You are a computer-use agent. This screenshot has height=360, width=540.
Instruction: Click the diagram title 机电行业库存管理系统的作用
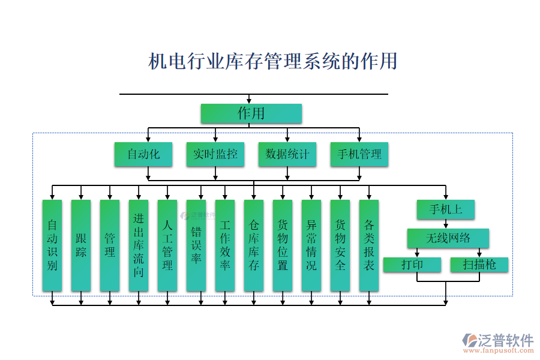coord(272,61)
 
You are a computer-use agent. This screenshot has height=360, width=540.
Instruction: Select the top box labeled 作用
coord(251,113)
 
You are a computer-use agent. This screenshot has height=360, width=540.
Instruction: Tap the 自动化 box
coord(143,154)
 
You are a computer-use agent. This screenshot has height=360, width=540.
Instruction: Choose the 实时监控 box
coord(215,154)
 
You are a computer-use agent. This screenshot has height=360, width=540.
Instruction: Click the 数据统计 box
coord(287,154)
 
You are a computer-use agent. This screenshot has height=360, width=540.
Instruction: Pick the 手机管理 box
coord(359,154)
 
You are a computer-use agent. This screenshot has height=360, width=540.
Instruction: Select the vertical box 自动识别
coord(52,245)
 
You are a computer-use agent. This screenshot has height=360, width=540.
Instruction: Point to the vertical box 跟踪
coord(81,245)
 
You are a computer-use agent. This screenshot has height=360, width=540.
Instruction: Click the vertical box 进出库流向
coord(139,245)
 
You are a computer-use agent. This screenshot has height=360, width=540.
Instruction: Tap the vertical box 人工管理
coord(167,245)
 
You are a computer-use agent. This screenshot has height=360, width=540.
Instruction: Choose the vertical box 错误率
coord(196,245)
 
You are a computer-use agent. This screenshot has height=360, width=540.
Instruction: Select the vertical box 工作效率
coord(225,245)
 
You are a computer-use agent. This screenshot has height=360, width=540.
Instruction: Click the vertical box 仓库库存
coord(254,245)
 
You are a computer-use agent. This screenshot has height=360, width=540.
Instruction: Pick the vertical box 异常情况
coord(311,245)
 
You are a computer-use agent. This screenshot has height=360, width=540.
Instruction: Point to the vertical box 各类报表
coord(369,245)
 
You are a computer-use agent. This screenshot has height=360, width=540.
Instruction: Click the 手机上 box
coord(446,210)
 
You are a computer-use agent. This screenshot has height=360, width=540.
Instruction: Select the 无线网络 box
coord(448,238)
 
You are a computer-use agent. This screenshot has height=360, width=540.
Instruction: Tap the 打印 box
coord(412,265)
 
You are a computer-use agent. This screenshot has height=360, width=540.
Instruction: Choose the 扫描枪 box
coord(479,265)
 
